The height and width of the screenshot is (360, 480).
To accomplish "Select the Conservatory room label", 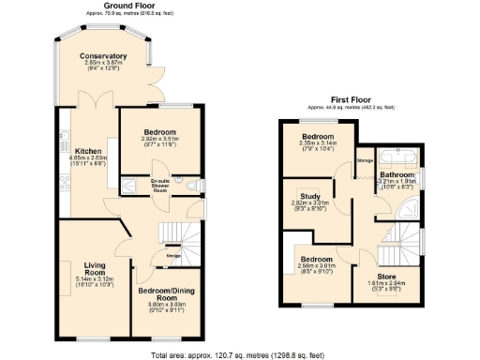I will (102, 56).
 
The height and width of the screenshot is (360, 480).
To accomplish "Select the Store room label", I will (386, 275).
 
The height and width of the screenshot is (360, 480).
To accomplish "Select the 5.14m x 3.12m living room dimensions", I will (94, 279).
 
